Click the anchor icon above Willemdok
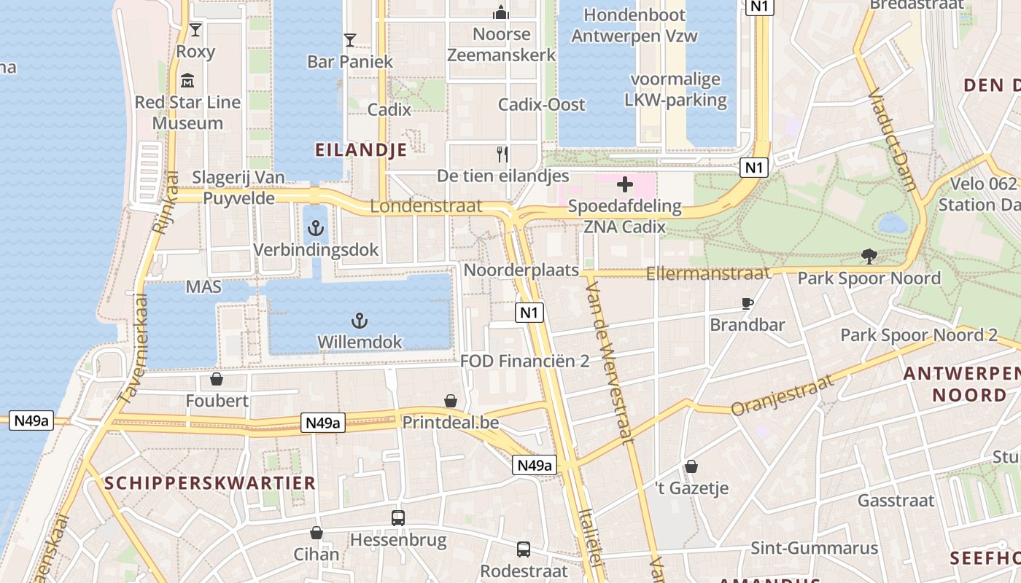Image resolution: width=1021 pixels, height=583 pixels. point(359,320)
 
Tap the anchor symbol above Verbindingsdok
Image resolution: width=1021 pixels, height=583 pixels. point(316,228)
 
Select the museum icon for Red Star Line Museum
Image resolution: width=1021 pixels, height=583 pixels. point(187,80)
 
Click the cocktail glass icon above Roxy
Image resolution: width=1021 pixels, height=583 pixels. point(195,30)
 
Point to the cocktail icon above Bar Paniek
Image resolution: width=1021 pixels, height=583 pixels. point(350,39)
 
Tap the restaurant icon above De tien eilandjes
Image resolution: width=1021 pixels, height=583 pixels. point(502,154)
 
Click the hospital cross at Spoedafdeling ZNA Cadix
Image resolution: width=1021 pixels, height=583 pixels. point(625,184)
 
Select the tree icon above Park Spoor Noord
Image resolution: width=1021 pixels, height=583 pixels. point(869,257)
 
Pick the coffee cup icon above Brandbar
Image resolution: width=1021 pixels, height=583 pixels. point(747,303)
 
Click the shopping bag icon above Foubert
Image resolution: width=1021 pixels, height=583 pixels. point(217,379)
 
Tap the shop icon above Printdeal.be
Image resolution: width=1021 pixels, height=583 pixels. point(451,401)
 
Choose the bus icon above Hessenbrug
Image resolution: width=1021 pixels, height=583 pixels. point(398,518)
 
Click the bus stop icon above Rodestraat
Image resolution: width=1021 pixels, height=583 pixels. point(524,549)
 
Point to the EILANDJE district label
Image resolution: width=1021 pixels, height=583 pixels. point(360,150)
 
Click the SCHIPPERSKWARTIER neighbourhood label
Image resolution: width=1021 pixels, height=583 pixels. point(210,482)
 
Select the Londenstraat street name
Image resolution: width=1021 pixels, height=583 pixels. point(426,206)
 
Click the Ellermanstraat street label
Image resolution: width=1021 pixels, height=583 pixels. point(708,274)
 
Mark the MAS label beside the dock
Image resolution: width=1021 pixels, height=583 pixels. point(203,287)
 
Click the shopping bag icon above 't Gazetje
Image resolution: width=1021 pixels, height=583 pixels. point(691,466)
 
